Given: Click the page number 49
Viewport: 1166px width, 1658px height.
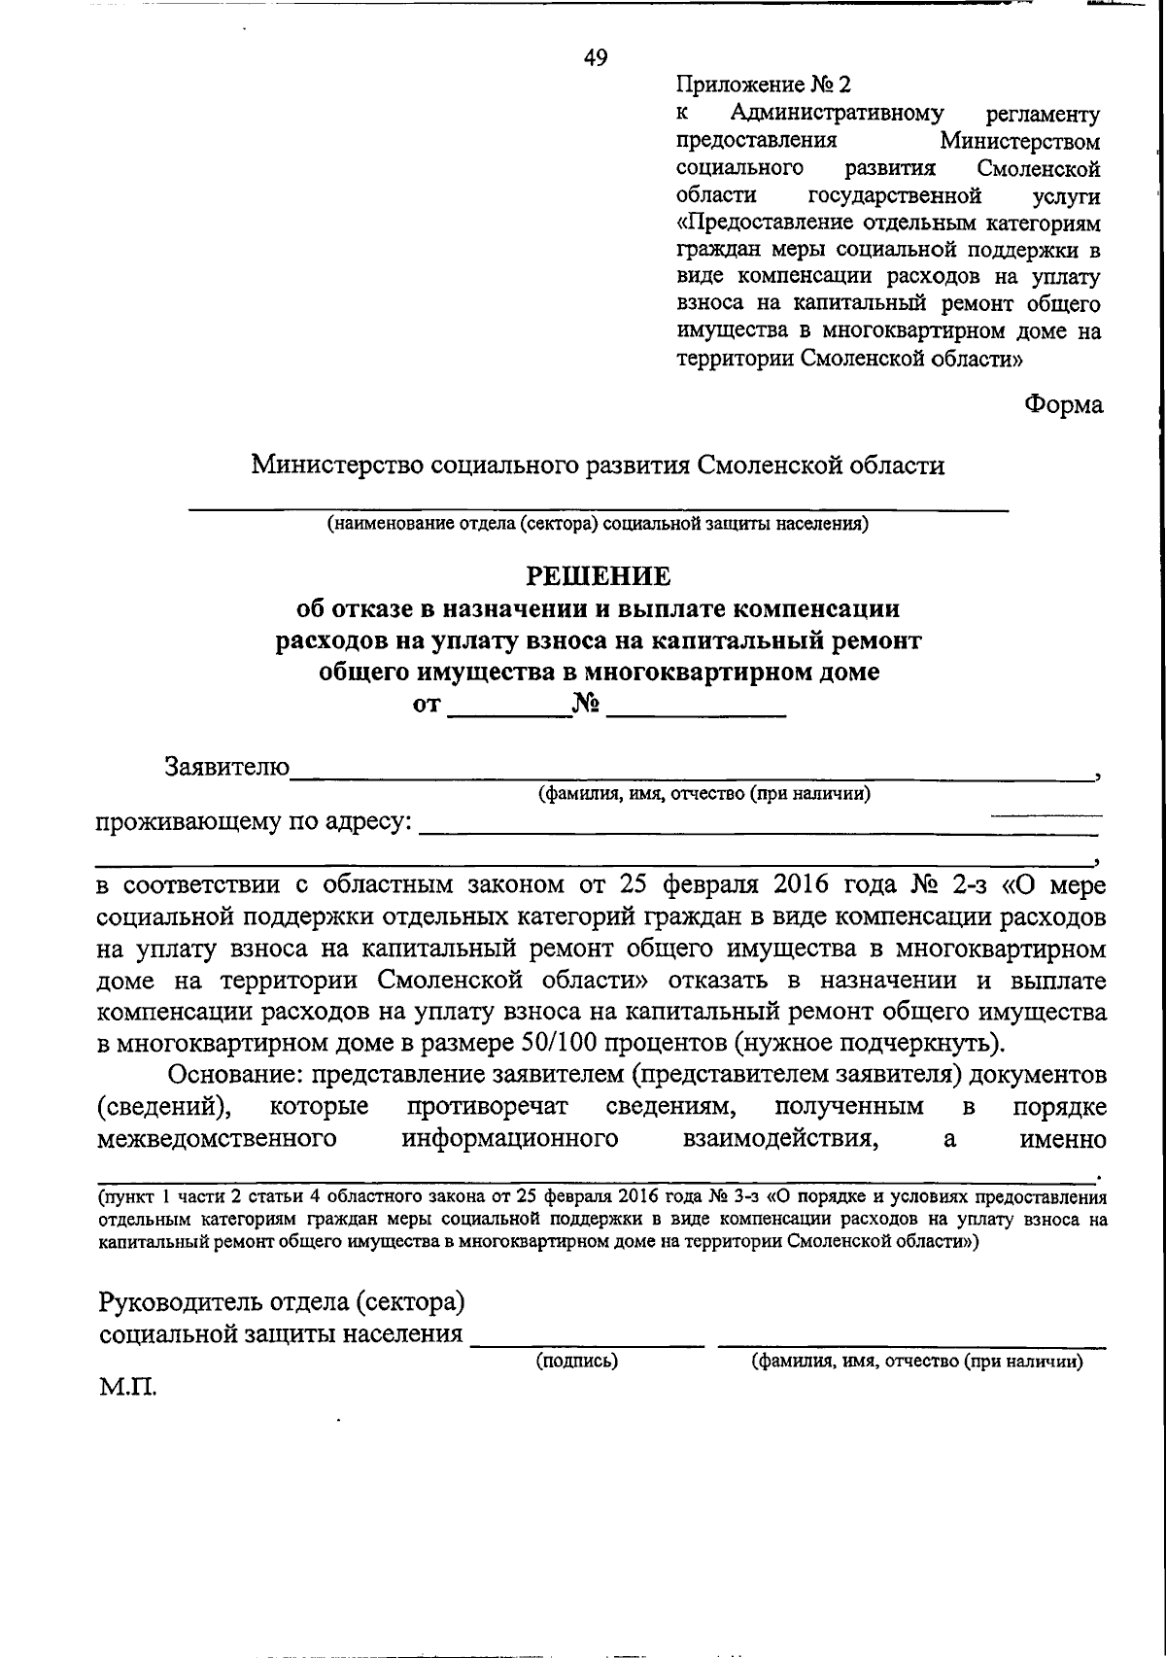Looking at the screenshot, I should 595,58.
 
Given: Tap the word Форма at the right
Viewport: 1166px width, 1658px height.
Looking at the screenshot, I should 1063,404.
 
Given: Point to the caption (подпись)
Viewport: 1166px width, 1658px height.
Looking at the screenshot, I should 577,1362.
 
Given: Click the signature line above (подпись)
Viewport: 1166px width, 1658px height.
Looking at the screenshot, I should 587,1343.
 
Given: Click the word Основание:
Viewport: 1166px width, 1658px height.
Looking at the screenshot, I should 235,1076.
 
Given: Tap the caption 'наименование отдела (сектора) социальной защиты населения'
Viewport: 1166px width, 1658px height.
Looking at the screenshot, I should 598,525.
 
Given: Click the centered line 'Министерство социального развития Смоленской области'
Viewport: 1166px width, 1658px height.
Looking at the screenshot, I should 598,466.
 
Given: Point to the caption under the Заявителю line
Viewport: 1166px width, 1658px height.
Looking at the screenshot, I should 704,794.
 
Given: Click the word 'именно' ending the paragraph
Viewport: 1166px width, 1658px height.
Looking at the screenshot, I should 1063,1139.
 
